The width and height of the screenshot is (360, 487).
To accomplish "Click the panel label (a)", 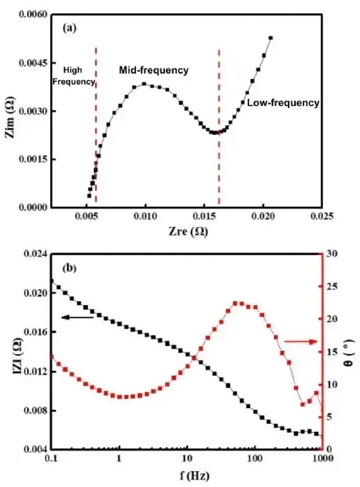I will pyautogui.click(x=68, y=27).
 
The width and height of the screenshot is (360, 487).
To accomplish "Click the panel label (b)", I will pyautogui.click(x=68, y=267).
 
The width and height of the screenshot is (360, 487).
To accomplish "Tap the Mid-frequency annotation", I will pyautogui.click(x=153, y=70).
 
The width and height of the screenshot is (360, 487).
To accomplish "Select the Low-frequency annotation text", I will pyautogui.click(x=283, y=103).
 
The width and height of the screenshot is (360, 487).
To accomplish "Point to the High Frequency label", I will pyautogui.click(x=73, y=76).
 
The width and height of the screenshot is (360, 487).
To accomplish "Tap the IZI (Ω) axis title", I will pyautogui.click(x=10, y=352).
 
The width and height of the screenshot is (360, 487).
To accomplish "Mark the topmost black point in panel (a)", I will pyautogui.click(x=271, y=38).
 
